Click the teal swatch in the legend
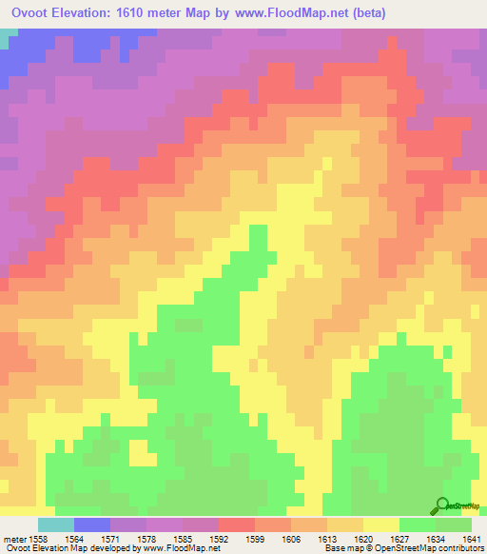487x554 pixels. (x=55, y=524)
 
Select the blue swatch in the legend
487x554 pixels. (x=91, y=524)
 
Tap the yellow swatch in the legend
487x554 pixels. (x=380, y=524)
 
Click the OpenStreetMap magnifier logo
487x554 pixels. (x=442, y=505)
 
